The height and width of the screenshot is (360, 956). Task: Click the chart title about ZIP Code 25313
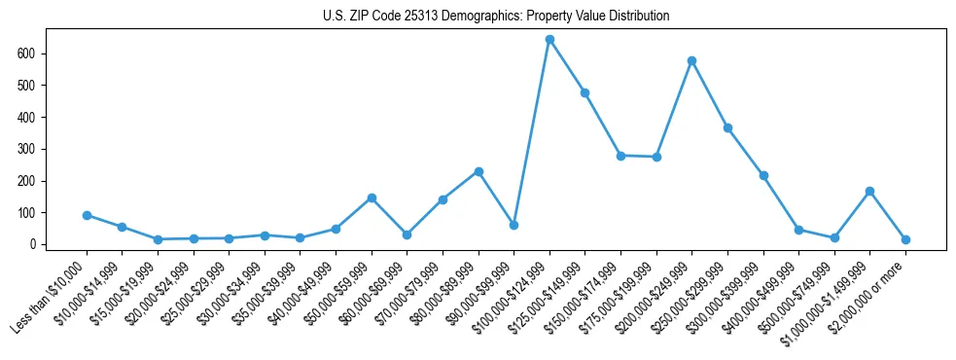point(496,17)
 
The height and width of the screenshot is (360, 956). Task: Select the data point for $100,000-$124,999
point(549,40)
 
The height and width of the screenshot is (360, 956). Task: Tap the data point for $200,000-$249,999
point(691,60)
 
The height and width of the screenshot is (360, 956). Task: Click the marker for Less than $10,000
point(87,215)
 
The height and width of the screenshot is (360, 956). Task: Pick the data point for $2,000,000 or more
point(905,239)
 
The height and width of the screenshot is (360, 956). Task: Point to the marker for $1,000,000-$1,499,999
point(869,191)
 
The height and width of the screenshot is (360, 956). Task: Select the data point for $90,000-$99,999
point(513,225)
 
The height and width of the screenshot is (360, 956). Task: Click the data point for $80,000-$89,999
point(478,171)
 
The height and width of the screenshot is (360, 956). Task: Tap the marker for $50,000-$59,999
point(372,198)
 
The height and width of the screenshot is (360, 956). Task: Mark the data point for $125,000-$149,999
point(584,92)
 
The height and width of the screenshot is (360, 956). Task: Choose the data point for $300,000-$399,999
point(763,175)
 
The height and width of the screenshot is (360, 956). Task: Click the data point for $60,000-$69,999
point(407,234)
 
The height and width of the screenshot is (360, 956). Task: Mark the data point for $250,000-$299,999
point(727,127)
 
